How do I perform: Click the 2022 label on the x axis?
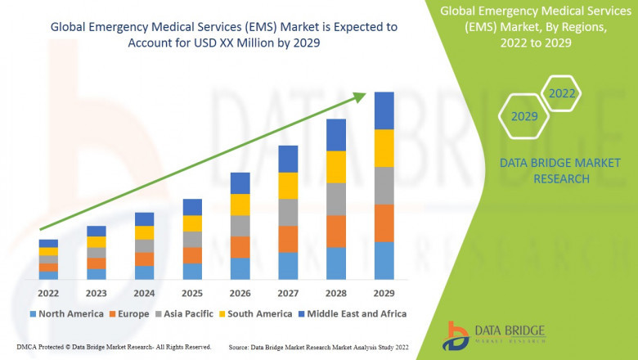click(48, 293)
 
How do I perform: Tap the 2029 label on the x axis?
click(384, 293)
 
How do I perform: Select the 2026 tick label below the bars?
click(240, 293)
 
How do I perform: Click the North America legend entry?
click(66, 313)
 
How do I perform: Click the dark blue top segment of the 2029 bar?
click(384, 110)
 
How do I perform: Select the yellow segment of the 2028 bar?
click(336, 167)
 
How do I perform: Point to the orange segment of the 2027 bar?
click(288, 239)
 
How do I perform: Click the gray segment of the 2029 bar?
click(384, 185)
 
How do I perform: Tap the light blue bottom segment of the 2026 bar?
click(240, 268)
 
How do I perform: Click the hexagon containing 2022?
click(561, 93)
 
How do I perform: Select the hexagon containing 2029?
click(524, 117)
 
